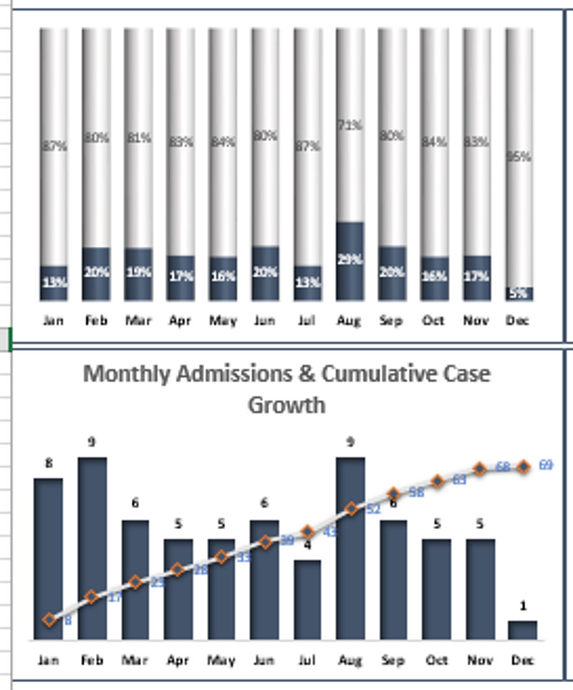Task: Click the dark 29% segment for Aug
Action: click(x=350, y=261)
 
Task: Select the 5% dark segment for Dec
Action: click(x=519, y=293)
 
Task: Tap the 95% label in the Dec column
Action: click(x=519, y=156)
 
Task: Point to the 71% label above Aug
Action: click(x=350, y=127)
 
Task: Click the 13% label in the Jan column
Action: click(x=54, y=282)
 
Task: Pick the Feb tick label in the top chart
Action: click(x=95, y=321)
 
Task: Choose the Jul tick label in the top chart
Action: click(x=307, y=321)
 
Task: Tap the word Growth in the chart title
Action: click(x=286, y=405)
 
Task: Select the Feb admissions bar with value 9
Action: click(x=92, y=548)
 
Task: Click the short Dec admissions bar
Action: click(x=523, y=630)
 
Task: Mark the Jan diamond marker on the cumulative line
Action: click(x=49, y=620)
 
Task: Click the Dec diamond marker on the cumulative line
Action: click(x=524, y=467)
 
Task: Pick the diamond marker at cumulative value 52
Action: click(x=351, y=509)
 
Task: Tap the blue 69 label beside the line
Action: click(x=546, y=465)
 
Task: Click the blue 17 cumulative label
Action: click(x=114, y=597)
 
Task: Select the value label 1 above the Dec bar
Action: click(x=523, y=606)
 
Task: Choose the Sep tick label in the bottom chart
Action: click(x=394, y=660)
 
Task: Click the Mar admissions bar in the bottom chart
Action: click(x=135, y=580)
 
